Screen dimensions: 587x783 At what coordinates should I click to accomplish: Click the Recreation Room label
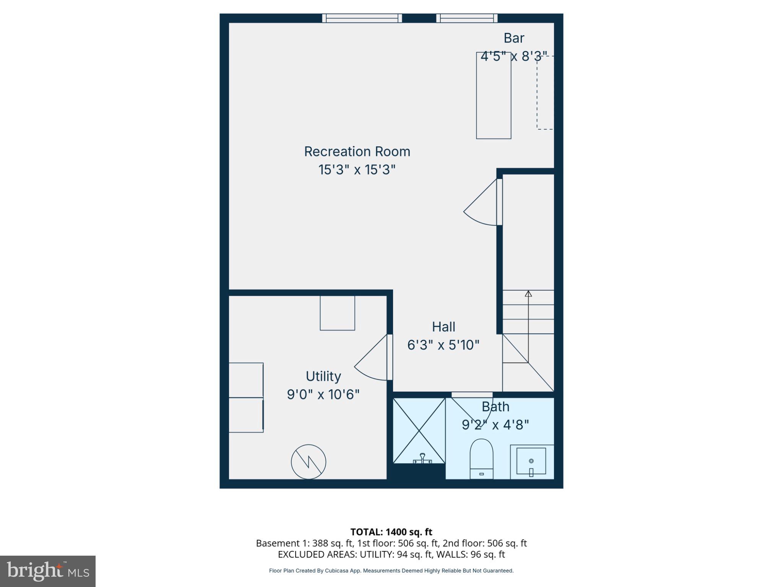(357, 152)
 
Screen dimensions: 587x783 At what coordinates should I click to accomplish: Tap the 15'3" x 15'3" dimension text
(357, 169)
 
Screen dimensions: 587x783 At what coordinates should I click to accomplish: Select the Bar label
(513, 38)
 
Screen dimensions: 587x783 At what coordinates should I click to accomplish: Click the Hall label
(443, 327)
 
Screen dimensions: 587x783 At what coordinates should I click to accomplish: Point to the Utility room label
(323, 376)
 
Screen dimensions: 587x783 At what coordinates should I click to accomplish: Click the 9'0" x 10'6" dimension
(323, 394)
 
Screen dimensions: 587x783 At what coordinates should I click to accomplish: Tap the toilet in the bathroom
(481, 459)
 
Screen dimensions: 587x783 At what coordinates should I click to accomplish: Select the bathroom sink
(531, 462)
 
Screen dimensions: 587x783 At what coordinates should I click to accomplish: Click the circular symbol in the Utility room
(309, 462)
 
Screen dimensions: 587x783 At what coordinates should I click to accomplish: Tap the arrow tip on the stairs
(528, 293)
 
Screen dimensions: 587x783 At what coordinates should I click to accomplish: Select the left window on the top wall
(362, 18)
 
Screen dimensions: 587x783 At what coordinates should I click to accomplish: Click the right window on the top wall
(467, 18)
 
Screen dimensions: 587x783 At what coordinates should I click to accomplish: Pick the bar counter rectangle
(493, 96)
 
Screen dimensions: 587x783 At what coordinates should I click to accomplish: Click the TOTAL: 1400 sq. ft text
(391, 532)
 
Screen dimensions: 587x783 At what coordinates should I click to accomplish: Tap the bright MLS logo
(48, 571)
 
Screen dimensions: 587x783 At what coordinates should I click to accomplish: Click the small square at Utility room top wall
(337, 313)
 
